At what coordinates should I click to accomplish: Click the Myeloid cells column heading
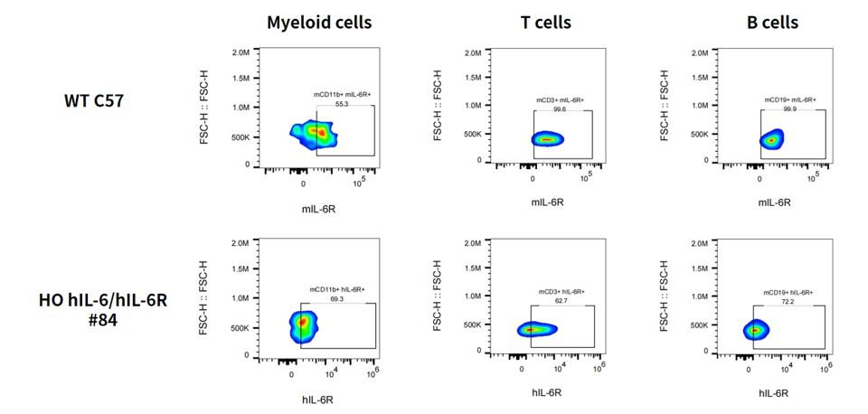pyautogui.click(x=319, y=23)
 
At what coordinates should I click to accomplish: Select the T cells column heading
pyautogui.click(x=546, y=23)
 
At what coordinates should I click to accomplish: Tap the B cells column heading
pyautogui.click(x=773, y=23)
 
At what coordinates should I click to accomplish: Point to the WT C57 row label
pyautogui.click(x=92, y=101)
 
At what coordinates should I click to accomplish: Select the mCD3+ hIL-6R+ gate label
pyautogui.click(x=561, y=292)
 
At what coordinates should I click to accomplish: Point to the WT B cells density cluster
pyautogui.click(x=771, y=140)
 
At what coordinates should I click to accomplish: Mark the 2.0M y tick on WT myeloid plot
pyautogui.click(x=241, y=52)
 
